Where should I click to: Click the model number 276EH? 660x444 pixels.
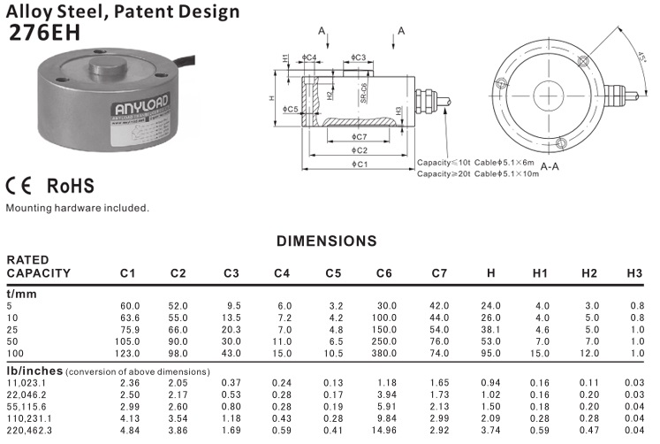44,33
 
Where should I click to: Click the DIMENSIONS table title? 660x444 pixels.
327,241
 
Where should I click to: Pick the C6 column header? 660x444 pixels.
384,272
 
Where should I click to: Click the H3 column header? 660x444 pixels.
633,272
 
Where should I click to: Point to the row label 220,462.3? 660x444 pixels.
29,429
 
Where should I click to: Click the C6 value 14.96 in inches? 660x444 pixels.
385,429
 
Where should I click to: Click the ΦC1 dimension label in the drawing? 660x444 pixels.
359,165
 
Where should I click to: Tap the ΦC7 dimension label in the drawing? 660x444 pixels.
358,137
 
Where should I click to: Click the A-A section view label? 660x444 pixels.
549,165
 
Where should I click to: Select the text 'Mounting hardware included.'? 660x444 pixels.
77,209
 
